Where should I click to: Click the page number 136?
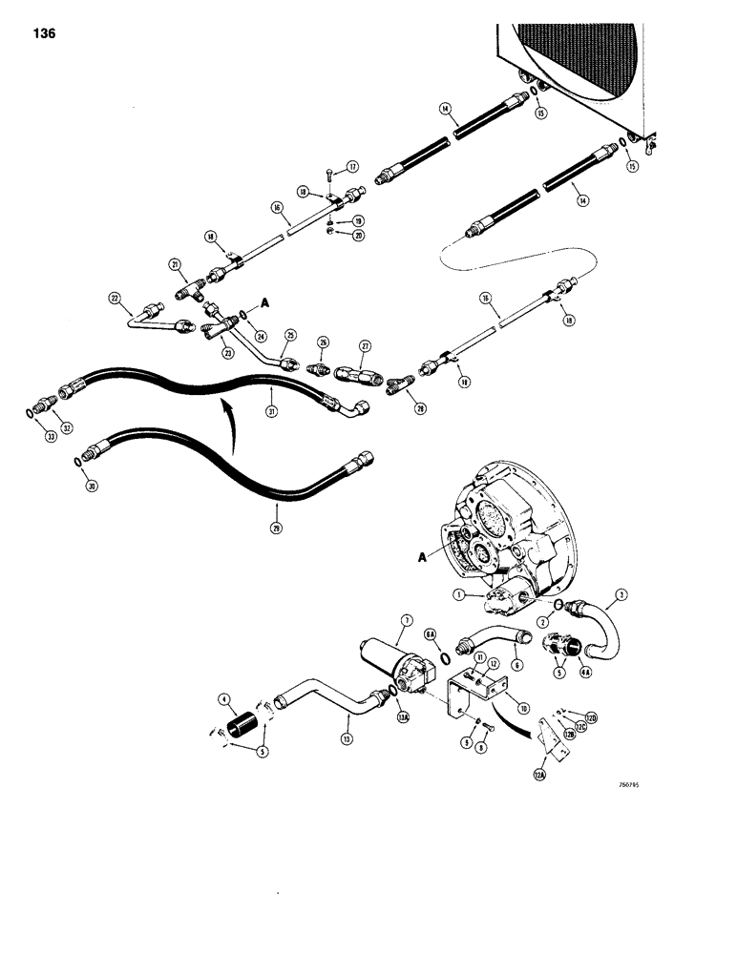pyautogui.click(x=43, y=33)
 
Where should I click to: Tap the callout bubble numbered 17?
pyautogui.click(x=352, y=165)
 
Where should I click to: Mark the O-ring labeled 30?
pyautogui.click(x=76, y=462)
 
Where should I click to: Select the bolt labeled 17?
pyautogui.click(x=329, y=174)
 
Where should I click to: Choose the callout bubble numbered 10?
pyautogui.click(x=523, y=708)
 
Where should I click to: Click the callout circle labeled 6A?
pyautogui.click(x=430, y=633)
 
